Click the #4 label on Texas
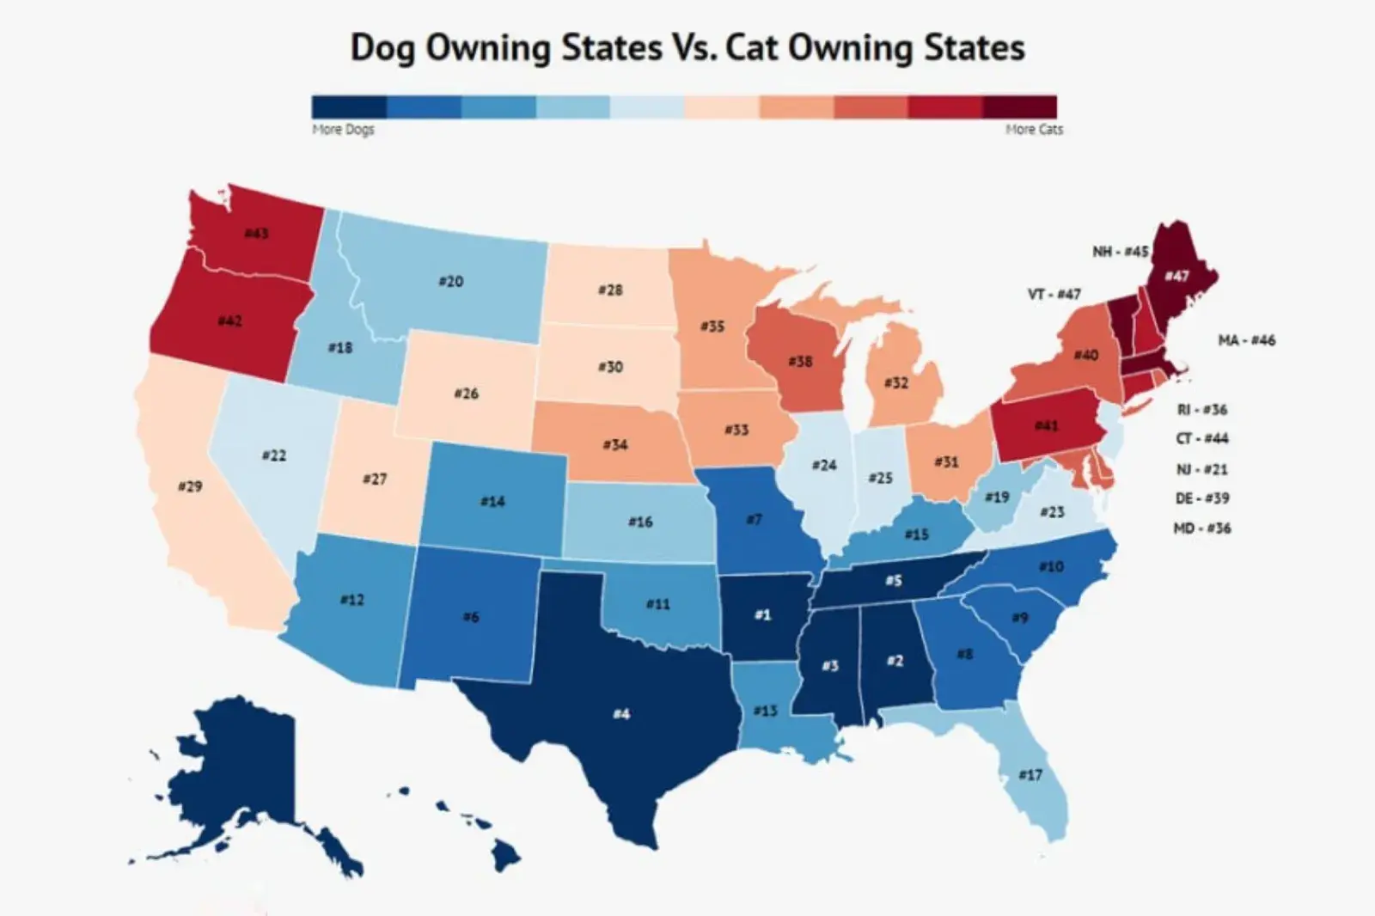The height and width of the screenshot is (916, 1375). [x=621, y=713]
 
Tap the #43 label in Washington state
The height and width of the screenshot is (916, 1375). [x=256, y=233]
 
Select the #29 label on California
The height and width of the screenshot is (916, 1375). [x=190, y=486]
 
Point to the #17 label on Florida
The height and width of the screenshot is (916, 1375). [x=1030, y=774]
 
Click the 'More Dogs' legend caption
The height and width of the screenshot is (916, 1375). [x=343, y=129]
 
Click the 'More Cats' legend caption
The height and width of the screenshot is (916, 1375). [x=1034, y=129]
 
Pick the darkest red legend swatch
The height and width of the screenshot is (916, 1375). [x=1019, y=107]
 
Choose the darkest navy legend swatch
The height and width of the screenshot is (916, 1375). [x=349, y=107]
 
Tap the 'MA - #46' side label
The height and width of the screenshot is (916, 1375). [x=1246, y=340]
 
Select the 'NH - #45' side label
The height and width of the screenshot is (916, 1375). [x=1120, y=251]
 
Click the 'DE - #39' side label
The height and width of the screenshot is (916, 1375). [x=1201, y=498]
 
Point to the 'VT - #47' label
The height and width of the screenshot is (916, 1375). [x=1054, y=294]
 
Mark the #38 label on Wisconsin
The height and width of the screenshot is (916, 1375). [x=800, y=361]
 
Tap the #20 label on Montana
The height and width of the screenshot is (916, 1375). [x=450, y=281]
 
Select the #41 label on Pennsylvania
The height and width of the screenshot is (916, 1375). [x=1046, y=425]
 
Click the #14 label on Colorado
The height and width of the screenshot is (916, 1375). [x=492, y=501]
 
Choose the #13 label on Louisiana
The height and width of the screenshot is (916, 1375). [x=765, y=711]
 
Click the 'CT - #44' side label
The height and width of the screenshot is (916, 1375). [x=1201, y=438]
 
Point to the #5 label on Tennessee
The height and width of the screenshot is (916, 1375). [x=894, y=581]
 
